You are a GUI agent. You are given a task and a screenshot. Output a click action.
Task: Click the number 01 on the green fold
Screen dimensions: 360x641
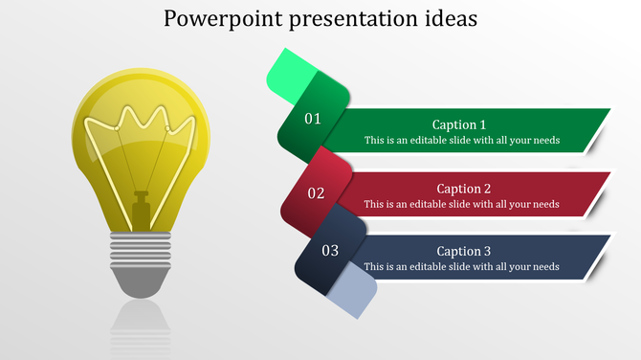(313, 119)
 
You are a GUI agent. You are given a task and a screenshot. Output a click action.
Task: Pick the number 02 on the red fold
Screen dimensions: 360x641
(316, 192)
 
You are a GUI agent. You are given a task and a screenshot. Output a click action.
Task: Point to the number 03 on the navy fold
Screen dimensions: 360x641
(330, 251)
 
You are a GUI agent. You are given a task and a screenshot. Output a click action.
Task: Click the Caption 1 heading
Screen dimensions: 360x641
(459, 124)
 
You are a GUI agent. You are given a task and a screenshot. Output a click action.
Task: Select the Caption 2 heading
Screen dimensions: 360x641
(463, 189)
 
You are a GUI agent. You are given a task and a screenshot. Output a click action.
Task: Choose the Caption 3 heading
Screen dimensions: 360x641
(463, 251)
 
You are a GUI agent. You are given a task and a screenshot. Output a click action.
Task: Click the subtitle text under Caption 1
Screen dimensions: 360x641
(461, 140)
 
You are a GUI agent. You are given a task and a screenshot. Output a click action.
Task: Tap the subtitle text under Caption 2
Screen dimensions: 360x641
(461, 204)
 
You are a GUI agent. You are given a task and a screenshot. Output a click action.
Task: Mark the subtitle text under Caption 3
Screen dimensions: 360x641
(461, 266)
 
